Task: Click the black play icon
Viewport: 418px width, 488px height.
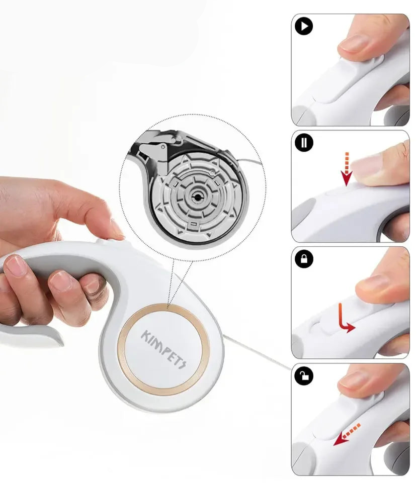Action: point(304,26)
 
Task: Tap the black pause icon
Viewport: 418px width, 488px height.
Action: point(304,143)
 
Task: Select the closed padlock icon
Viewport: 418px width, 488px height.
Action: point(304,259)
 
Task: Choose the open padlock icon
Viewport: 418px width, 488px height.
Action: point(304,375)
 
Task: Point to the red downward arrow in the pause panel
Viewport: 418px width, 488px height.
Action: point(347,169)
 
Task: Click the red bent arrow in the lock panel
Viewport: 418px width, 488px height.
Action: point(345,319)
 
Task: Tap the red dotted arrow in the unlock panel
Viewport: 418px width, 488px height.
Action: point(347,435)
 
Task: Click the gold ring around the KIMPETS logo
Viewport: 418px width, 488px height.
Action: point(122,350)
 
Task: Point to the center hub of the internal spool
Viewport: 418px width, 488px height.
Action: point(197,197)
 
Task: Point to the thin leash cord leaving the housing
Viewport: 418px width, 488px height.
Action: point(257,353)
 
